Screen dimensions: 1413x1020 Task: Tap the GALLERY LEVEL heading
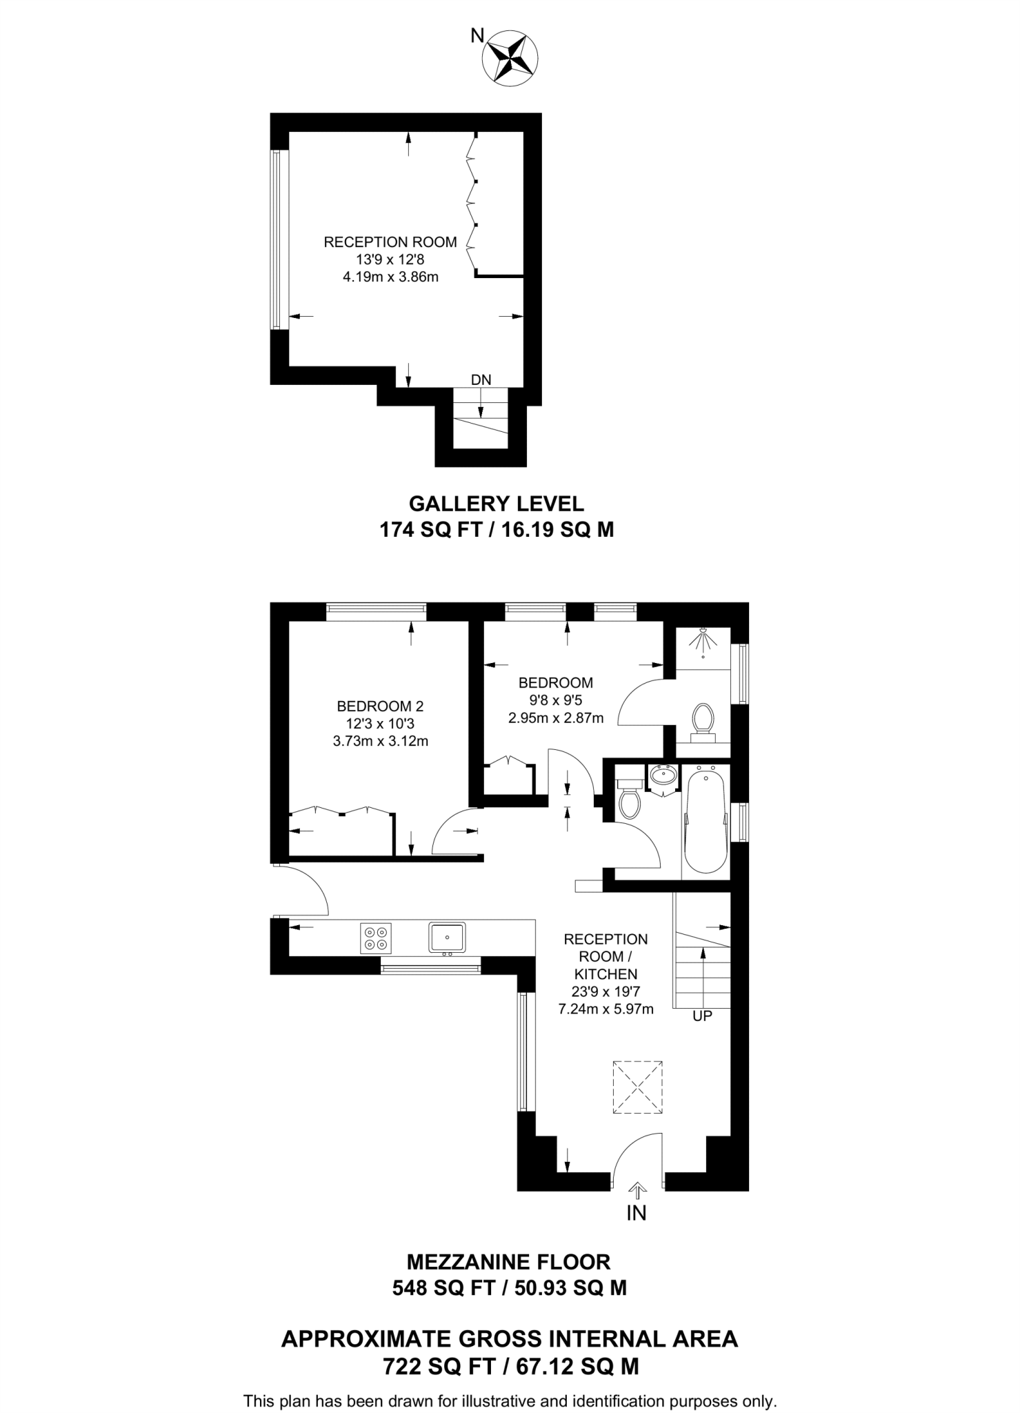497,503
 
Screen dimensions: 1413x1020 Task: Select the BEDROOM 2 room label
380,706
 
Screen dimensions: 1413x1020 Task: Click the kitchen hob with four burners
376,938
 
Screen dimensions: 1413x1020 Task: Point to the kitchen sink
447,937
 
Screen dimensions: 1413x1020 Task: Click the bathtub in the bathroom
706,822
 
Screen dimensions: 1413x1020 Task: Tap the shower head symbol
703,640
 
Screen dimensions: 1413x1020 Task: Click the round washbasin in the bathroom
663,775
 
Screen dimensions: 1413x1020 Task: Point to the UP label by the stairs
702,1016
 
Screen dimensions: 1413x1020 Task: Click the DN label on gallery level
481,379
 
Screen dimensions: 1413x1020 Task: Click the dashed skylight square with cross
637,1087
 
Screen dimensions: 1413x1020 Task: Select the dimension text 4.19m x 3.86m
390,277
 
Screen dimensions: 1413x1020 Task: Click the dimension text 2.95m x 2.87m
556,718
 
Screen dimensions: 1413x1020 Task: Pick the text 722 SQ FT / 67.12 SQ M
510,1366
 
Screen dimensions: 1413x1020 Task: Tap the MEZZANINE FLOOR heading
509,1262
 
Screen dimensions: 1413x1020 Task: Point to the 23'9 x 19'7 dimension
606,991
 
